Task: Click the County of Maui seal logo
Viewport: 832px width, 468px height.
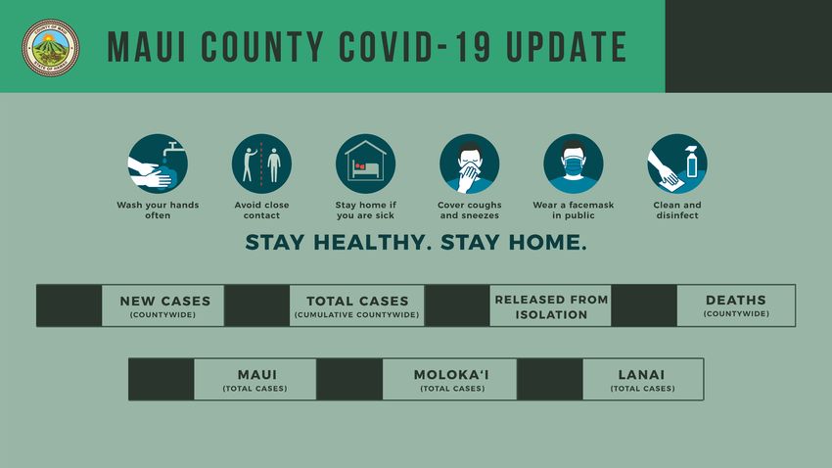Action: click(50, 48)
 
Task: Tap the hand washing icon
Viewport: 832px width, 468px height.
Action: click(158, 164)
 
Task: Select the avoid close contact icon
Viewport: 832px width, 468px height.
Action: click(261, 164)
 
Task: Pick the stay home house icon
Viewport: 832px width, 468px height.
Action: click(366, 164)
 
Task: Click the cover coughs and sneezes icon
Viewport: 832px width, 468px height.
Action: click(470, 164)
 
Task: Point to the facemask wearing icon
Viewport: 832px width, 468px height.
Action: click(574, 164)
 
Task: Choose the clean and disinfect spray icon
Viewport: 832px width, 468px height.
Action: click(677, 164)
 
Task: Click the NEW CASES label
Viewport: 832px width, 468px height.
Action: click(165, 301)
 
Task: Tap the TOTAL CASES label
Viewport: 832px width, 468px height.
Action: click(357, 301)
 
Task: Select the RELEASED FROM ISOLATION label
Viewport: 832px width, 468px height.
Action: click(551, 306)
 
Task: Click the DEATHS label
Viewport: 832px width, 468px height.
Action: click(736, 300)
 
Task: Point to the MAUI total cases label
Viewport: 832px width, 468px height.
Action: click(257, 375)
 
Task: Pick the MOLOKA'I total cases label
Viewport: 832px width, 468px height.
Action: click(451, 375)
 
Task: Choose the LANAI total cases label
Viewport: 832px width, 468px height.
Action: click(641, 375)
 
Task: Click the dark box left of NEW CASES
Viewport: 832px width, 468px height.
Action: click(69, 305)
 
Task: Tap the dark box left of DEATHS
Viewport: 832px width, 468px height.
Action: click(644, 305)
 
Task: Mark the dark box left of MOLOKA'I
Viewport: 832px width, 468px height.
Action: click(349, 379)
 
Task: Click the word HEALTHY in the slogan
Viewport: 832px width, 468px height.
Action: click(370, 243)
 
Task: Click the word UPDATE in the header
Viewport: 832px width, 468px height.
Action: click(567, 47)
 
